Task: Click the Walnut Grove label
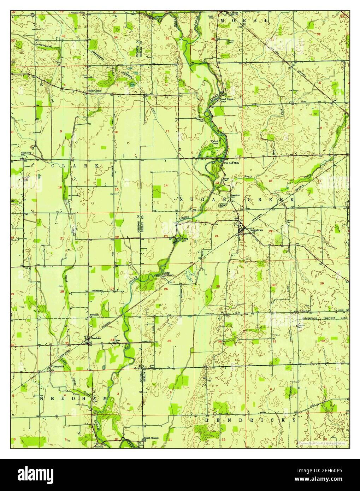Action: [214, 142]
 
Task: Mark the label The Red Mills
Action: [232, 163]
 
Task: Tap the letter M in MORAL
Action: [222, 21]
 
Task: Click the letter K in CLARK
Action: [96, 165]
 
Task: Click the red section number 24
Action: [216, 236]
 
